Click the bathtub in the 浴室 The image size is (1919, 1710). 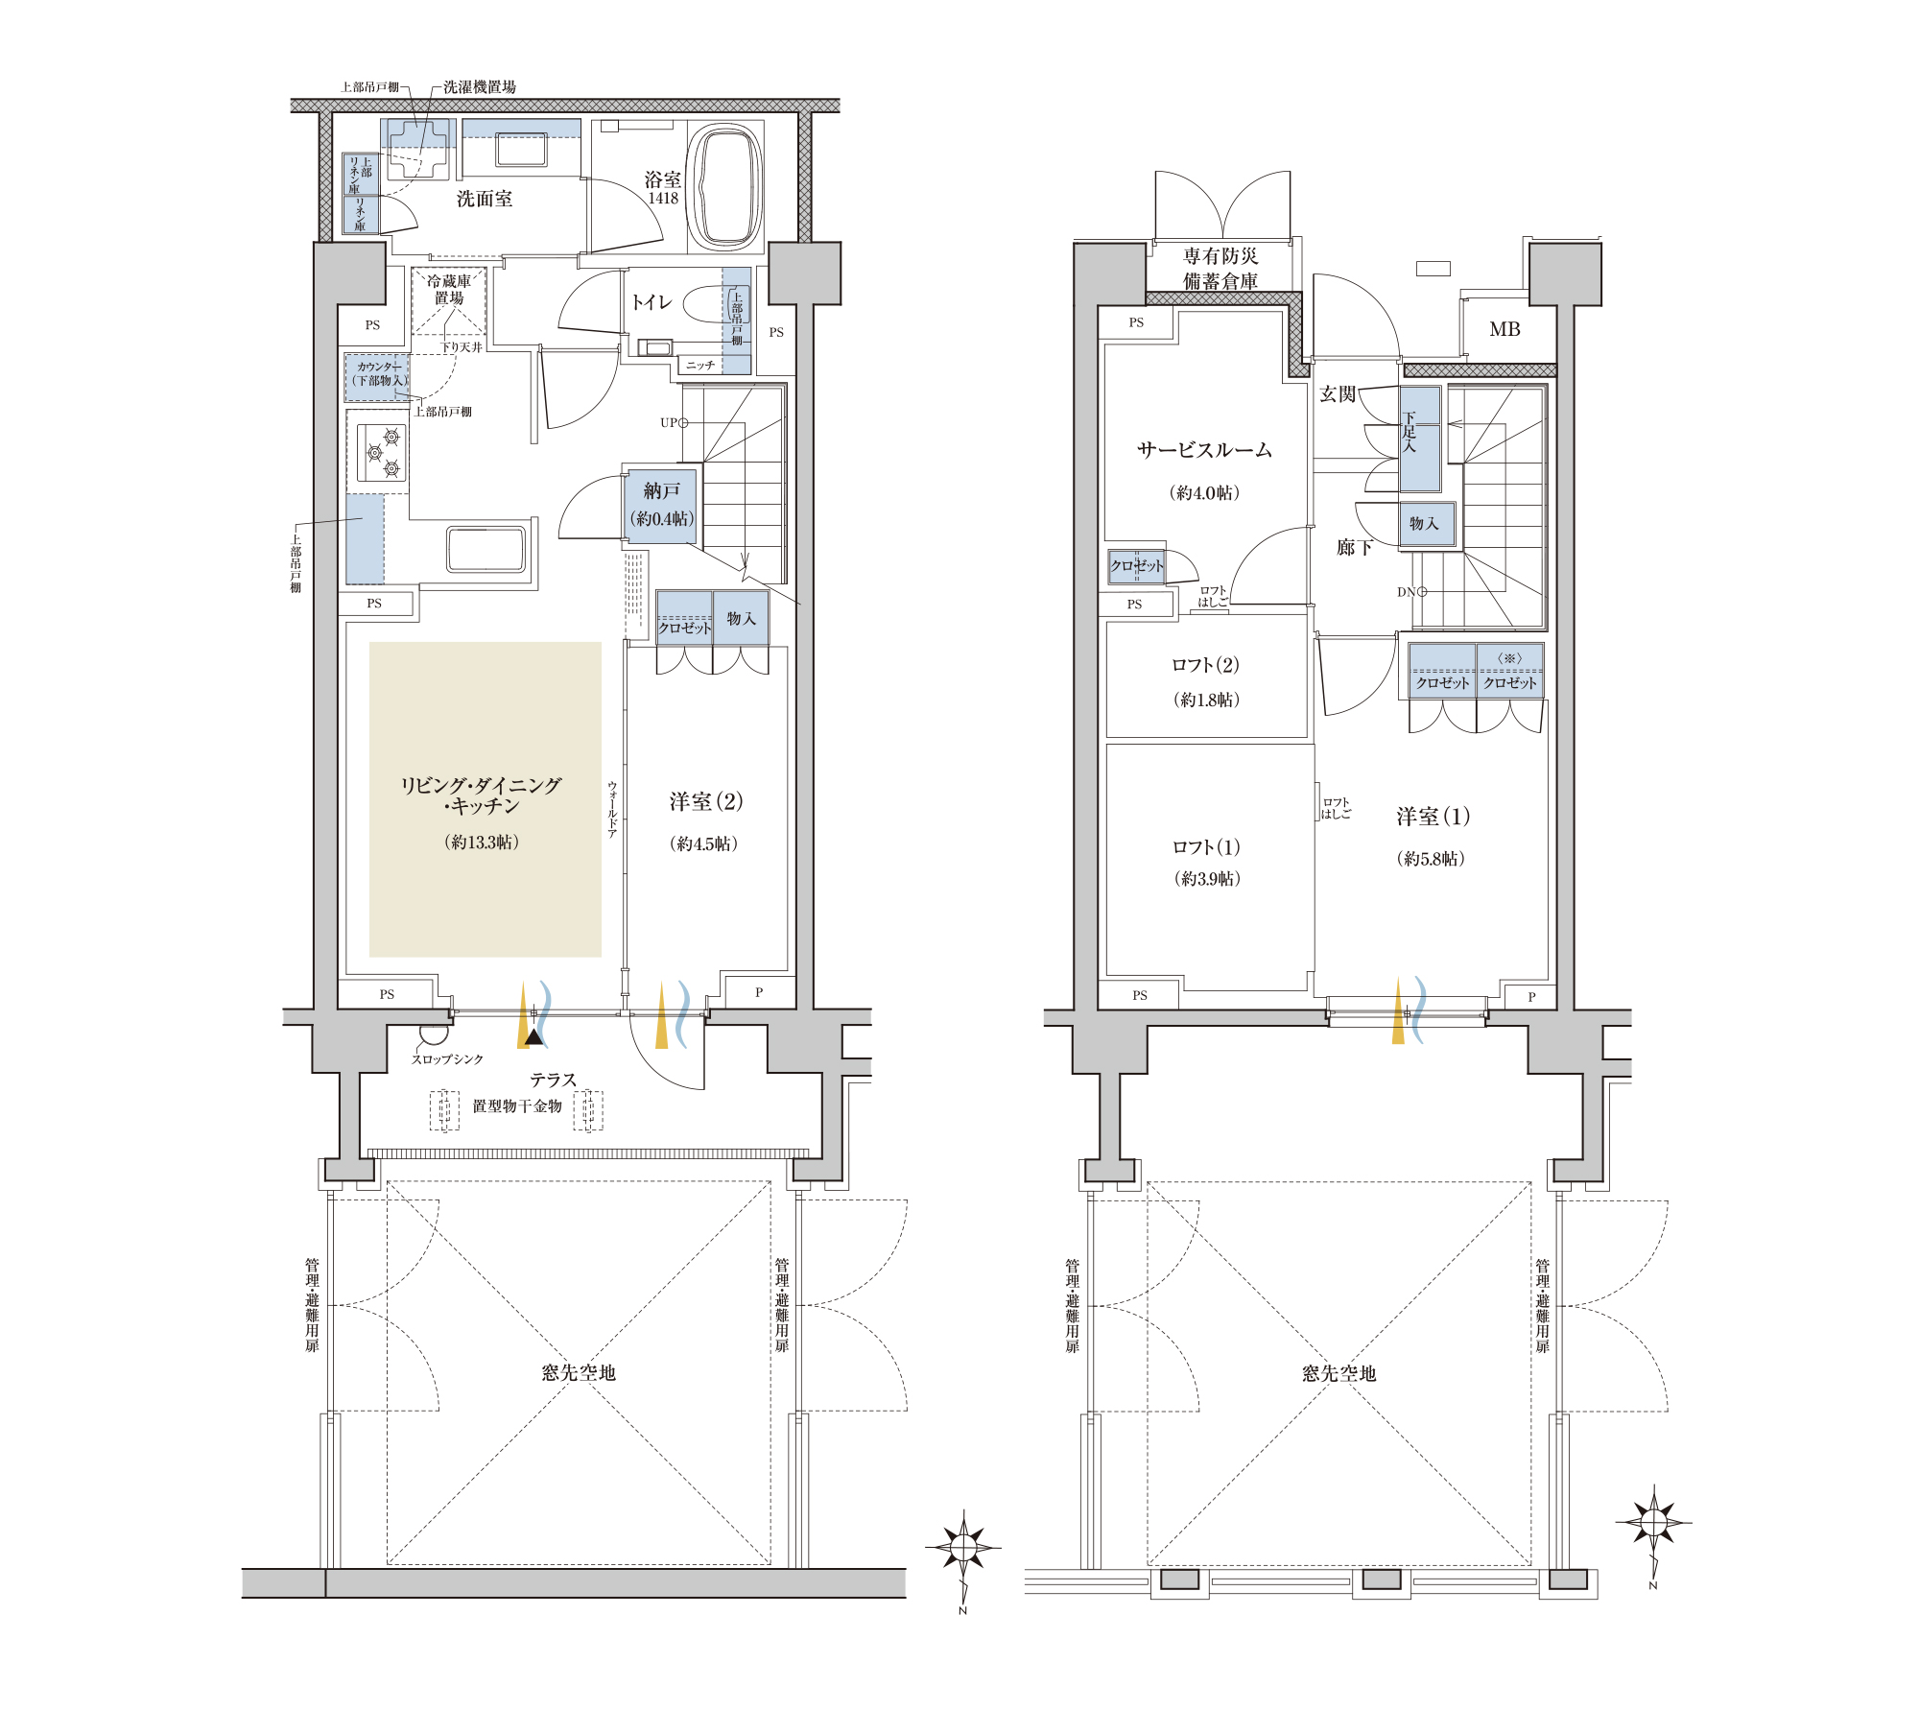(725, 186)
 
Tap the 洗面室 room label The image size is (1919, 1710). (484, 199)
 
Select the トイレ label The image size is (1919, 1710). (652, 302)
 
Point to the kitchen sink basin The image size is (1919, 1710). (486, 550)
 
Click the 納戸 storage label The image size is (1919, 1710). (661, 490)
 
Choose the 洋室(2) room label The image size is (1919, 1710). (706, 801)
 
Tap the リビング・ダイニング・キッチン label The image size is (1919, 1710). (481, 796)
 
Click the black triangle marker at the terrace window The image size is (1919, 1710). (534, 1036)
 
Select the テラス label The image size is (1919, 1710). (554, 1080)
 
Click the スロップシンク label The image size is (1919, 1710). (447, 1059)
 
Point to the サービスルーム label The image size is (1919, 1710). (1204, 450)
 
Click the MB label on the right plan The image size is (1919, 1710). (1504, 329)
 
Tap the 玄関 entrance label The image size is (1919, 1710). (1337, 394)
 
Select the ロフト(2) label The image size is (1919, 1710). (1205, 665)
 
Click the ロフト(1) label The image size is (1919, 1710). (1206, 847)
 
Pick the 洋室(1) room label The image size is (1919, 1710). (1433, 817)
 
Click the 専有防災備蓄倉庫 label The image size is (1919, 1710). (1220, 269)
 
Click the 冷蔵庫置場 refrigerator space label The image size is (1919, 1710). (449, 290)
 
